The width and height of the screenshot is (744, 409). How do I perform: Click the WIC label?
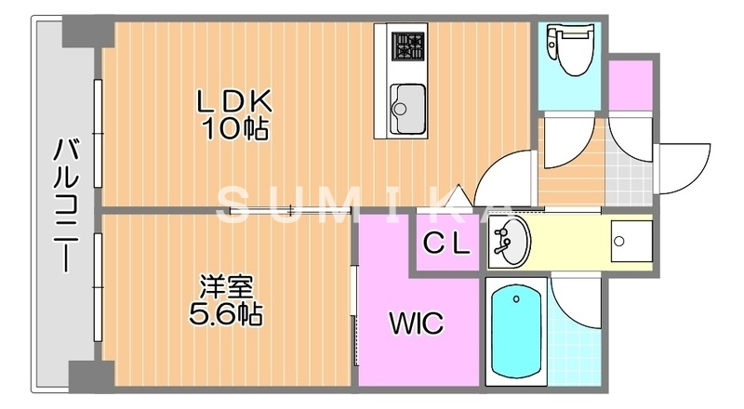tap(415, 323)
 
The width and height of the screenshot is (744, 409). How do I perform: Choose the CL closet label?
tap(447, 244)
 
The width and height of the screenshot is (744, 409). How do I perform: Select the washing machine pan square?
tap(619, 244)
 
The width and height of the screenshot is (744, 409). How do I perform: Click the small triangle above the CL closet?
tap(456, 197)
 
